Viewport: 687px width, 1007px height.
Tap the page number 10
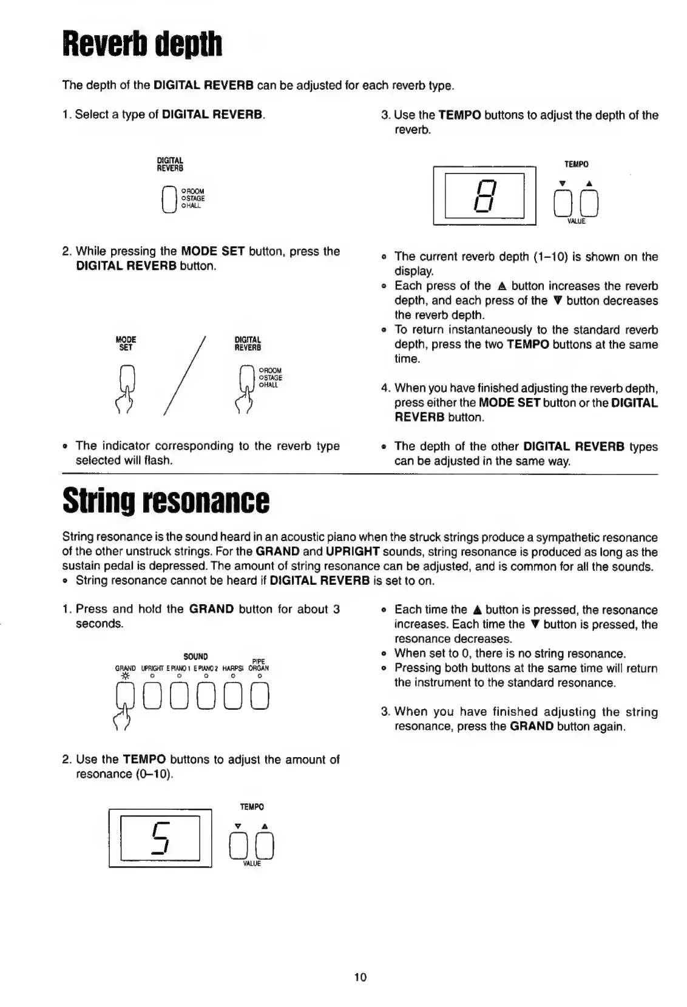click(x=360, y=977)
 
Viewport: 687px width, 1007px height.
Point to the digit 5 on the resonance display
click(x=161, y=838)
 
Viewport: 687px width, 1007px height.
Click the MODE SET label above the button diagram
click(x=126, y=343)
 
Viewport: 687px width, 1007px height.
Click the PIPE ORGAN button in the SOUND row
click(x=259, y=696)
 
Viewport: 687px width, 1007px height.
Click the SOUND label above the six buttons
click(x=195, y=656)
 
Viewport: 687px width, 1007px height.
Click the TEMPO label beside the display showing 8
click(x=576, y=164)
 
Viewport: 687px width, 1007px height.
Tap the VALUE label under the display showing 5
click(x=252, y=863)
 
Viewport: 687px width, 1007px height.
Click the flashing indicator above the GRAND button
click(x=126, y=676)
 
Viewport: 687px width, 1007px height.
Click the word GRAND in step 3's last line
click(x=531, y=726)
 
